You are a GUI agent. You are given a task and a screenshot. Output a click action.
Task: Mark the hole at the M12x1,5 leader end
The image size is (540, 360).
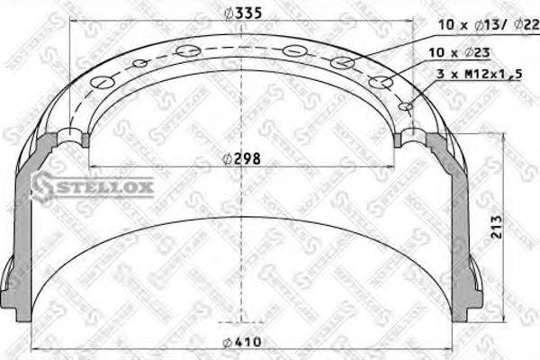pyautogui.click(x=406, y=106)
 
